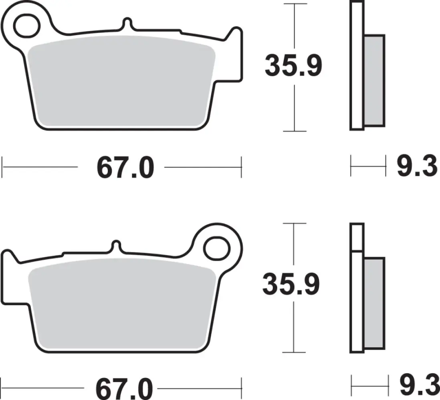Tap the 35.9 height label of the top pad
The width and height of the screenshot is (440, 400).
(x=293, y=67)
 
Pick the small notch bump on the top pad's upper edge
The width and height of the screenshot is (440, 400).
(x=127, y=23)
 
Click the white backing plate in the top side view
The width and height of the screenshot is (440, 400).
(x=357, y=66)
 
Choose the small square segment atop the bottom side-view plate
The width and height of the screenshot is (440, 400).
(x=357, y=237)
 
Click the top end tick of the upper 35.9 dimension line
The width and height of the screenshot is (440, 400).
(x=295, y=4)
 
